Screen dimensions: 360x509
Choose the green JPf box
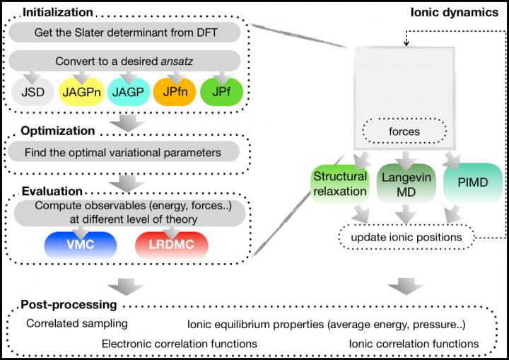click(222, 92)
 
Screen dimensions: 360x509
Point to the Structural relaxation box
click(339, 184)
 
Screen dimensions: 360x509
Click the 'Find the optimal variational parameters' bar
click(127, 152)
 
